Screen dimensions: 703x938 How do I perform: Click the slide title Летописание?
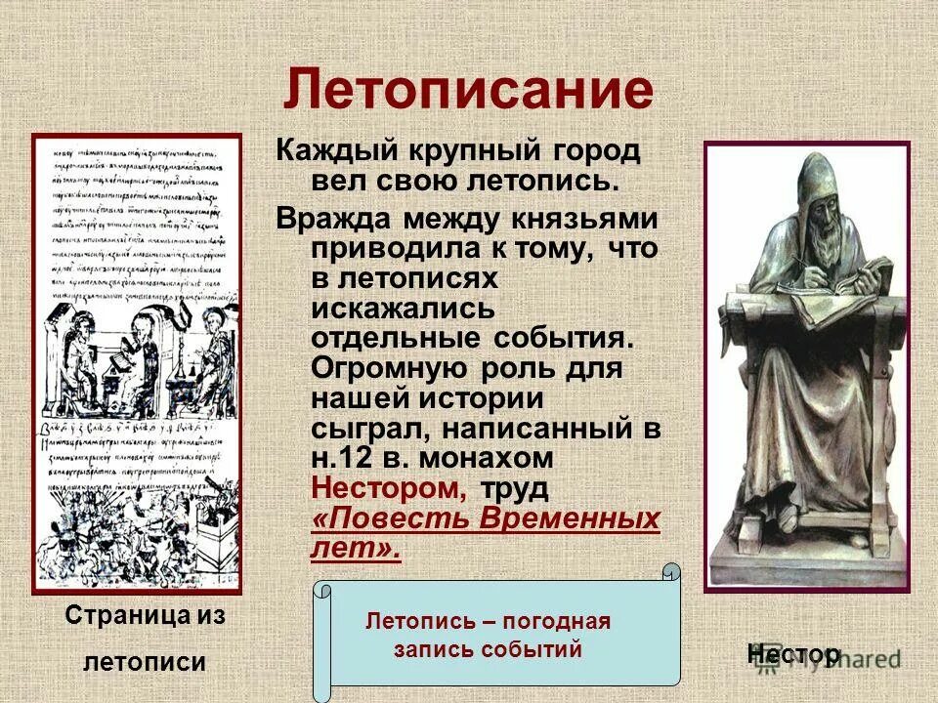468,91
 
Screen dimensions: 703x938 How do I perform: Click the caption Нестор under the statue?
793,654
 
